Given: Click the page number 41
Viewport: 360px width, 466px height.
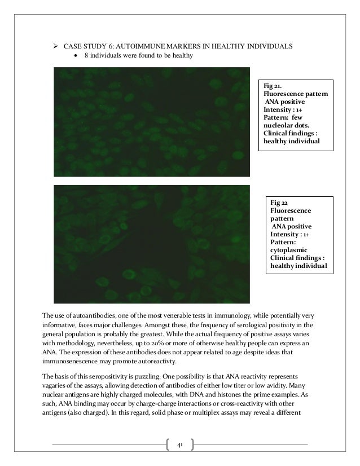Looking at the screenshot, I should pos(180,445).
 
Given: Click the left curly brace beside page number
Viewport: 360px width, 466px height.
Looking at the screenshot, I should pos(168,445).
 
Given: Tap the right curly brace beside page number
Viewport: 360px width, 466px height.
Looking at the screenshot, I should pos(193,445).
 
